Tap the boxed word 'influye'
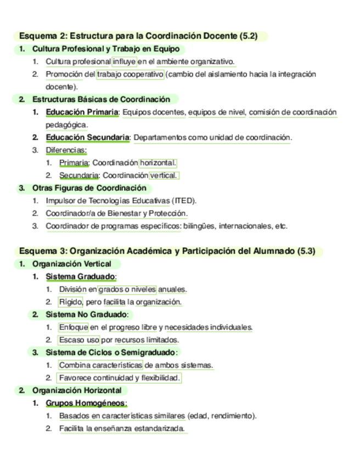[124, 61]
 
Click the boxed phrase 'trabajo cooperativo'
[130, 74]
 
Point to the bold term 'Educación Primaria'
[82, 112]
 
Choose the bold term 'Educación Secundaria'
[88, 137]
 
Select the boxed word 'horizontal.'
[158, 163]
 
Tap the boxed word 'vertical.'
[164, 175]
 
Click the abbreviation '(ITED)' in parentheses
[184, 201]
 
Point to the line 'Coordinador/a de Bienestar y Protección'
[116, 213]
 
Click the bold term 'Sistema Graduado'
[81, 276]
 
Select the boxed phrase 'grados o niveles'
[127, 289]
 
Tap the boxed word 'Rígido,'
[71, 302]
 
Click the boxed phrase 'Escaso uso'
[79, 340]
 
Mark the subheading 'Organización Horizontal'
[77, 390]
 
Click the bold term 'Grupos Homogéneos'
[86, 403]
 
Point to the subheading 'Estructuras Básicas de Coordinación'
[101, 99]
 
